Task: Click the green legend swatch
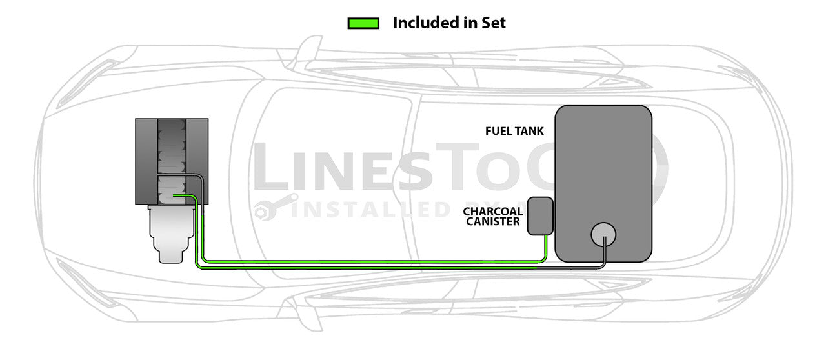[x=363, y=23]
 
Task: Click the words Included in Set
[x=449, y=23]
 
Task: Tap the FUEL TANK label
[x=514, y=131]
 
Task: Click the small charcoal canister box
[x=540, y=216]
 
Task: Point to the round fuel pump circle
[x=603, y=235]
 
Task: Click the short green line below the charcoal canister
[x=546, y=248]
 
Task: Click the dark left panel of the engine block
[x=146, y=161]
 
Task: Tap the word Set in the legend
[x=494, y=23]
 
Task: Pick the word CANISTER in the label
[x=494, y=221]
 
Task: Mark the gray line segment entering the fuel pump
[x=604, y=252]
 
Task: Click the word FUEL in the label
[x=498, y=131]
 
